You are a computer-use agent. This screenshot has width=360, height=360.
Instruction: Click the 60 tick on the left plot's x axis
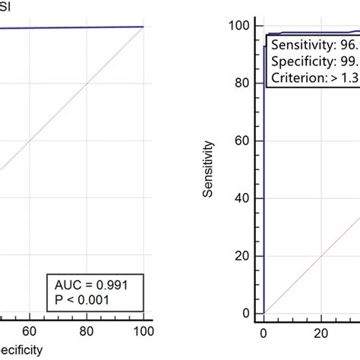(30, 331)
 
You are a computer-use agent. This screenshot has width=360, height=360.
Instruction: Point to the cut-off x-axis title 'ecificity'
(21, 351)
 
